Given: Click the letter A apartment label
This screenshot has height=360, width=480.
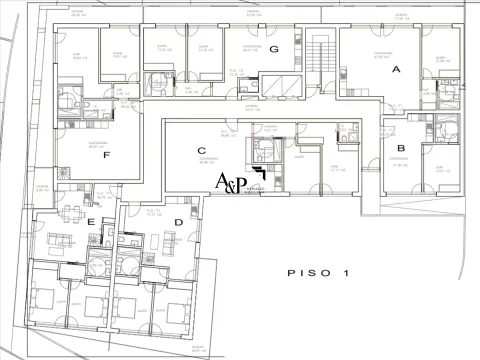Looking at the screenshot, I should pos(396,70).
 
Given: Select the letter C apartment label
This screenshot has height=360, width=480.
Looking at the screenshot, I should pos(201,150).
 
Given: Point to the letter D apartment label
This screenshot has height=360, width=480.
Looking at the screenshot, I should pos(179,222).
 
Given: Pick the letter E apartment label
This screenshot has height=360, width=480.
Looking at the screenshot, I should pos(91,221).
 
